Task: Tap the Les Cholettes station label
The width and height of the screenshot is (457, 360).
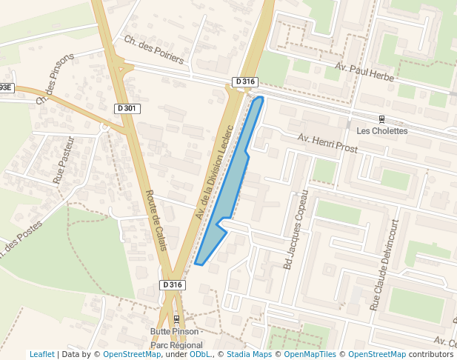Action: (x=381, y=131)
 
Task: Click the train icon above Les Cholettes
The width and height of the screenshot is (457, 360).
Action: (x=381, y=119)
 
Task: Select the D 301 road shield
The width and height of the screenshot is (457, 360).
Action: (x=127, y=108)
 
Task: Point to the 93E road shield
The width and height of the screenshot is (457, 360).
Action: (x=6, y=87)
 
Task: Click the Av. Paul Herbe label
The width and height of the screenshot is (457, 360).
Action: (x=365, y=72)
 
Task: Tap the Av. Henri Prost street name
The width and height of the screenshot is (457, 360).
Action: (x=327, y=143)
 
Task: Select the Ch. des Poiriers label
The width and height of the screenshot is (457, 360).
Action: (x=154, y=50)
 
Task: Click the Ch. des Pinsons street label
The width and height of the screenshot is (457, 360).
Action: (x=56, y=78)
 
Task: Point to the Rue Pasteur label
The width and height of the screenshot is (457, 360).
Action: (x=64, y=160)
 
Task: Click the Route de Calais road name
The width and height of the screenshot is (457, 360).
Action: (x=158, y=221)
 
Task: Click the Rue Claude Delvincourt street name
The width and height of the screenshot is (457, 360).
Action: (x=384, y=264)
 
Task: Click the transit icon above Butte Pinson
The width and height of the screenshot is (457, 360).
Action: (x=176, y=320)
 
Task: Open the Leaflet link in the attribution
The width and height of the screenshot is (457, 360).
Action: (x=41, y=354)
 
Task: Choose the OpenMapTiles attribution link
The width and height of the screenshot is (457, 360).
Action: (x=311, y=354)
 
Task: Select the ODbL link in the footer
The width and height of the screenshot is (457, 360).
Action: (x=200, y=354)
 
